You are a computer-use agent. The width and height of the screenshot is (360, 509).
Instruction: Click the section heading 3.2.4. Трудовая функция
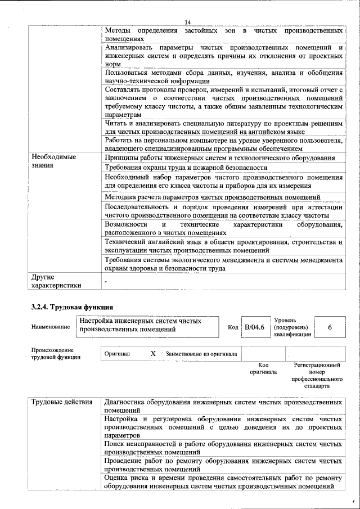click(72, 307)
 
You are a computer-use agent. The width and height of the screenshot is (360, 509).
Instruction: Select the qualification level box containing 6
click(329, 327)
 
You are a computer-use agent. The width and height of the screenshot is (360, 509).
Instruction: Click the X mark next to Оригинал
click(152, 354)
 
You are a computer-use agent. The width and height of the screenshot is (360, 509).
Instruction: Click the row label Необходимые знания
click(53, 161)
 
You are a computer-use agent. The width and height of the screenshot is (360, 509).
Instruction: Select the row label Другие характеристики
click(56, 281)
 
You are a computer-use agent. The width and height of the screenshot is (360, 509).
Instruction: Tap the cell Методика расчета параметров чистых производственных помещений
click(213, 197)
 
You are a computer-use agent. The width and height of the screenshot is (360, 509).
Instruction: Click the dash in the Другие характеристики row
click(106, 280)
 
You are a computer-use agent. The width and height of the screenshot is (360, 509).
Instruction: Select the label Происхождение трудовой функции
click(56, 353)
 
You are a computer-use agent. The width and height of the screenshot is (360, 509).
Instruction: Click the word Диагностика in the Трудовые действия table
click(124, 402)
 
